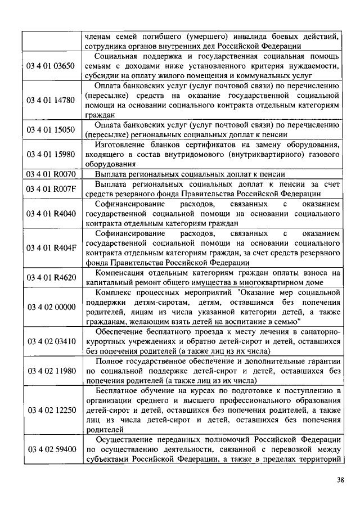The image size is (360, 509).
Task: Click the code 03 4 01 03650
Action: coord(51,66)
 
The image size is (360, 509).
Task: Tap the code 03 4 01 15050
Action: coord(51,129)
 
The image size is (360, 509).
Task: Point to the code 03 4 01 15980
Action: coord(51,154)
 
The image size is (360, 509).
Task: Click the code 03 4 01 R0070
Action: coord(51,174)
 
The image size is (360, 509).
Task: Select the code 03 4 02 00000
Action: coord(51,307)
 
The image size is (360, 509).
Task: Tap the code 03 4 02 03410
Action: coord(51,341)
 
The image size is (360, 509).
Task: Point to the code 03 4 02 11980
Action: coord(51,371)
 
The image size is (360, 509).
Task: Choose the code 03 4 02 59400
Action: coord(51,449)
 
